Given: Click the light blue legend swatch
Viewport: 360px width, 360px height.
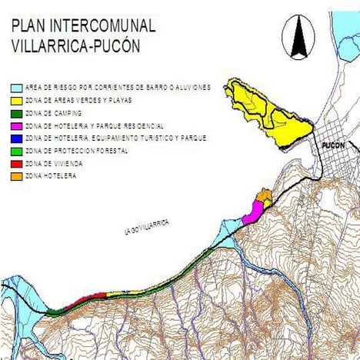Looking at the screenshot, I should tap(17, 88).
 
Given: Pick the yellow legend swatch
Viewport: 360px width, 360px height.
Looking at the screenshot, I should tap(17, 101).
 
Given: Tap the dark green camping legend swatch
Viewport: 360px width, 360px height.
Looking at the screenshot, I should tap(17, 113).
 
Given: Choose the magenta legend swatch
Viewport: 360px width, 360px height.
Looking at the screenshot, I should tap(17, 125).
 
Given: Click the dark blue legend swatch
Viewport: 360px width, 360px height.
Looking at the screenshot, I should tap(17, 138).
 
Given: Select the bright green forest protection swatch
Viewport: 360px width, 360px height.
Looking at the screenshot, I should tap(17, 151).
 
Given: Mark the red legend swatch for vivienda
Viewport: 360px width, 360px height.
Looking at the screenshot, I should tap(17, 164).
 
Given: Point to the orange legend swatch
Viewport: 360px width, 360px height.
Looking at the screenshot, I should tap(17, 176).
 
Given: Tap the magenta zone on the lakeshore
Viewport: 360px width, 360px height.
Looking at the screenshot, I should tap(252, 214).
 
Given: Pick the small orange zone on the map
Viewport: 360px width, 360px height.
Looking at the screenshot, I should tap(264, 198).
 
